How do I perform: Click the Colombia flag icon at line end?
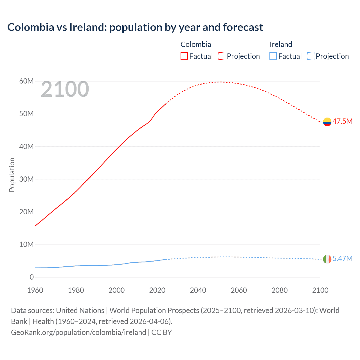point(327,122)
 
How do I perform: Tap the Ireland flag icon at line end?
point(327,259)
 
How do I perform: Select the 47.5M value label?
point(342,121)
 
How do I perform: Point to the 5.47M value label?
point(342,258)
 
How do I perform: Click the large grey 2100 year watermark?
point(65,89)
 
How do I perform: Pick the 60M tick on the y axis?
point(26,81)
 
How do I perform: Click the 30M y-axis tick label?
point(26,179)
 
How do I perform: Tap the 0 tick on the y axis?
point(31,277)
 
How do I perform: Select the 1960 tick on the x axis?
point(35,290)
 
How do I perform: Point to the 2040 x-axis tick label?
point(198,290)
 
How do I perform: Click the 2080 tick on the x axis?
point(280,290)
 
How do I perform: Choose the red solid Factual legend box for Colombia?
point(184,56)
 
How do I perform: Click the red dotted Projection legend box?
point(222,56)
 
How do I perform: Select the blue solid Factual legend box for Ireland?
point(273,56)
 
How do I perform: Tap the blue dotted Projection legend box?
point(311,56)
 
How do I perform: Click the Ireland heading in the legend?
point(281,44)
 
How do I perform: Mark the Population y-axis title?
point(12,175)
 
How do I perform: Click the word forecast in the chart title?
point(243,27)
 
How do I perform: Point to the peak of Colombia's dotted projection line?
point(221,82)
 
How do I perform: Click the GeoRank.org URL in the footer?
point(78,332)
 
